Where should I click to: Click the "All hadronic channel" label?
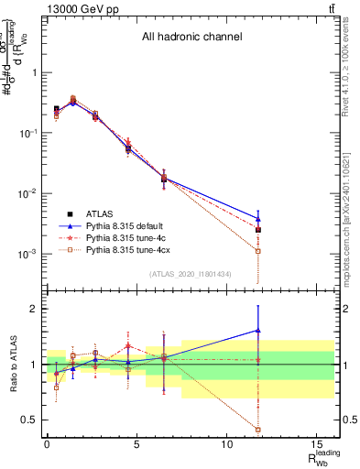point(191,38)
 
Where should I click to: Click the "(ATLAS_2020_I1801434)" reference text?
point(191,274)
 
